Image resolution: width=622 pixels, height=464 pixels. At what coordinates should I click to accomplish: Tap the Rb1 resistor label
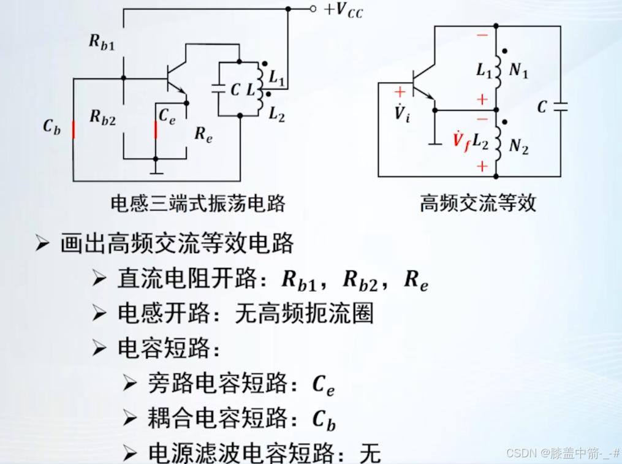(x=101, y=42)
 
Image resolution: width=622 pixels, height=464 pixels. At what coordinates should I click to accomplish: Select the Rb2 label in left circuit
(x=102, y=116)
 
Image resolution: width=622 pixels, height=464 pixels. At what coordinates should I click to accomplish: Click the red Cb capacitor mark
(x=73, y=130)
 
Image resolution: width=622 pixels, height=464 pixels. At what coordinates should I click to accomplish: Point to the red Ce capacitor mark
(x=155, y=130)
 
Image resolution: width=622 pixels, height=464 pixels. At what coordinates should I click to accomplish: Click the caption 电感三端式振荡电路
(x=198, y=203)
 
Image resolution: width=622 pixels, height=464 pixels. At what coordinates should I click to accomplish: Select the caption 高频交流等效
(x=478, y=203)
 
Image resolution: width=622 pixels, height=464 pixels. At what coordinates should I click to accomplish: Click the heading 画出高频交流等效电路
(x=177, y=243)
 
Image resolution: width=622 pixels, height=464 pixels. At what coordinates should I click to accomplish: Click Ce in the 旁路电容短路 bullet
(x=323, y=385)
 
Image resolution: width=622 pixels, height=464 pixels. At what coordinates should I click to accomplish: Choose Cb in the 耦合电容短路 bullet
(x=324, y=420)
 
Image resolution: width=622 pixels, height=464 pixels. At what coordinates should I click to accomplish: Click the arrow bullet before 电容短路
(x=100, y=349)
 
